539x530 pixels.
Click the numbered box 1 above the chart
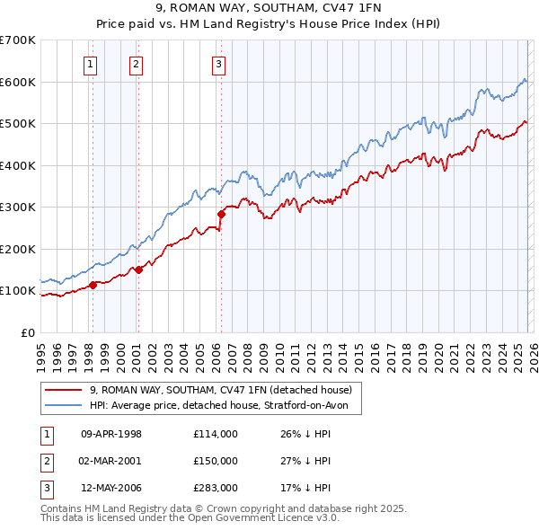tap(92, 64)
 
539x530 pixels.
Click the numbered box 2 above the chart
tap(136, 64)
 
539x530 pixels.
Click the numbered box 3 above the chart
tap(219, 64)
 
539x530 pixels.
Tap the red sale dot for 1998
tap(93, 286)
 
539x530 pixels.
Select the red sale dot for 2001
tap(138, 269)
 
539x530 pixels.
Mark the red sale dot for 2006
tap(221, 214)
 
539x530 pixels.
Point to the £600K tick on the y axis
tap(17, 82)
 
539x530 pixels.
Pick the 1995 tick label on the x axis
tap(41, 354)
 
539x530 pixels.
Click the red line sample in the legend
tap(65, 390)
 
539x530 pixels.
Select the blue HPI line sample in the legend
tap(65, 405)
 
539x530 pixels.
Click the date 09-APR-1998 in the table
tap(111, 434)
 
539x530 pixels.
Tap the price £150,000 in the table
tap(216, 461)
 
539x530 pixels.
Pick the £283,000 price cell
tap(216, 488)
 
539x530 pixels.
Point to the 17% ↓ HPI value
tap(306, 488)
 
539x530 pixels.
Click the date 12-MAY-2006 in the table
tap(111, 488)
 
